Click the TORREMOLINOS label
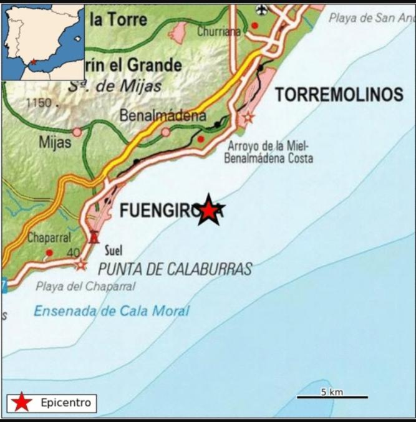point(339,95)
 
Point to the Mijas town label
point(55,143)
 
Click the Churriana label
point(218,31)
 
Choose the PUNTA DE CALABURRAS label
point(175,269)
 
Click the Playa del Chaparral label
point(85,287)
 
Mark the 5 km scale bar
point(332,396)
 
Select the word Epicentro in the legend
point(65,403)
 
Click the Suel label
point(114,251)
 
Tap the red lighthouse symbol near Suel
point(94,237)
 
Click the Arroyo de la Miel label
point(268,146)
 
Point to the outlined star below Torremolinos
point(248,117)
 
